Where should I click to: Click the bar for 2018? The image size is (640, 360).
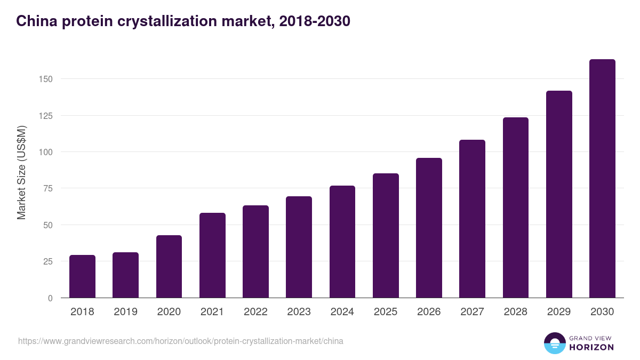82,276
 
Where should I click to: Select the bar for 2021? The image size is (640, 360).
212,255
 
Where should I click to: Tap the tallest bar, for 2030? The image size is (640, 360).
602,179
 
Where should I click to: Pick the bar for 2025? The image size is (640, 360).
386,235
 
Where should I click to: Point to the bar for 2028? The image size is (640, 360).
515,207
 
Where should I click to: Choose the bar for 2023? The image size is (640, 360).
299,247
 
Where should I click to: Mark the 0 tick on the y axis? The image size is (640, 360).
50,298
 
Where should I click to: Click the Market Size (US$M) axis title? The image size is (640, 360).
21,172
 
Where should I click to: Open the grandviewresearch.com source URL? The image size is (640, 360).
181,341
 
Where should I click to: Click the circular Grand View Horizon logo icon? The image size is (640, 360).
554,343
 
